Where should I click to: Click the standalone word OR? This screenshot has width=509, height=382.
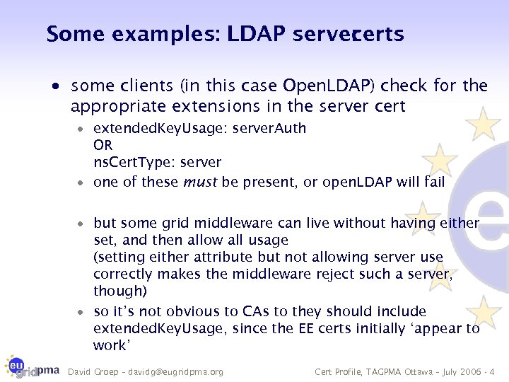pyautogui.click(x=103, y=145)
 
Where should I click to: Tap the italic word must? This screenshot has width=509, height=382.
pyautogui.click(x=200, y=182)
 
